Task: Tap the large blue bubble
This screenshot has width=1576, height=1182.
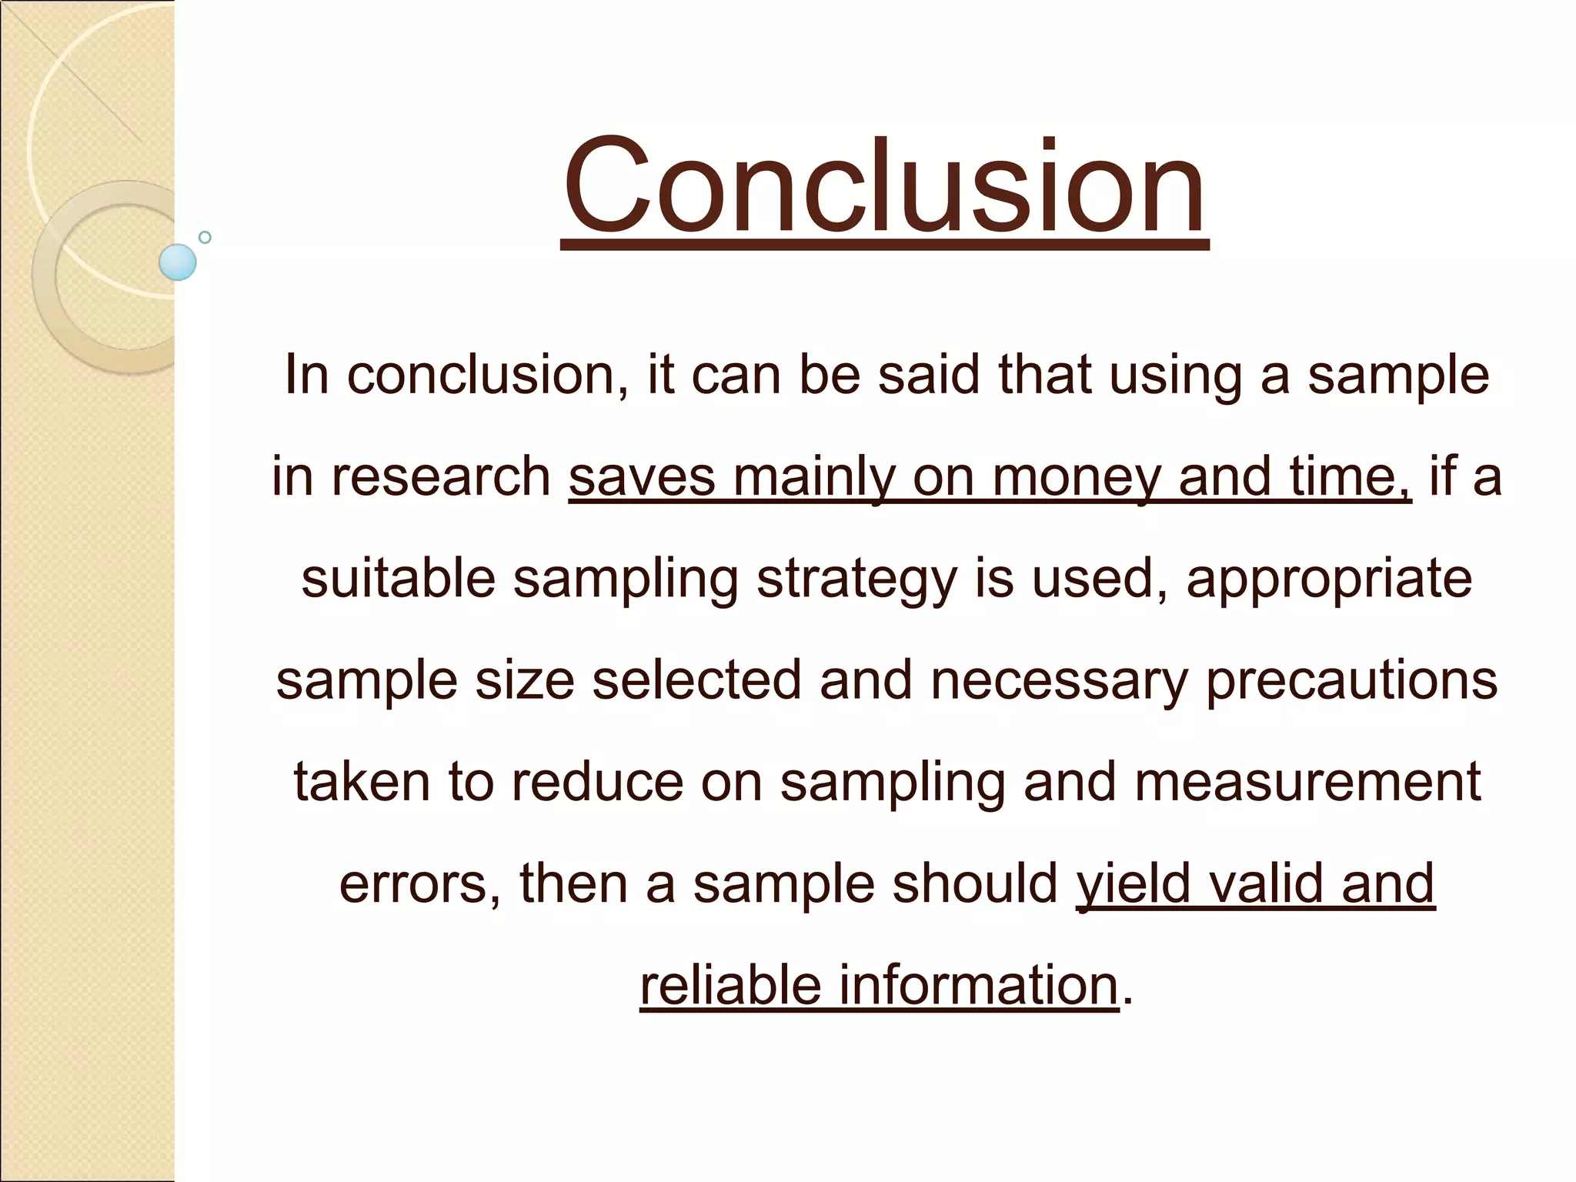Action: pyautogui.click(x=178, y=262)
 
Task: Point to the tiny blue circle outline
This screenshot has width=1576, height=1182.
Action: pyautogui.click(x=205, y=237)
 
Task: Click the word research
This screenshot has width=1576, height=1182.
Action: pyautogui.click(x=441, y=476)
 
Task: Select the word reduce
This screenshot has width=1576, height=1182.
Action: pyautogui.click(x=597, y=781)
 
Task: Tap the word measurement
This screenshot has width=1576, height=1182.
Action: pyautogui.click(x=1307, y=781)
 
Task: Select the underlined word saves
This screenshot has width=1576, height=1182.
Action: pyautogui.click(x=642, y=476)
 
